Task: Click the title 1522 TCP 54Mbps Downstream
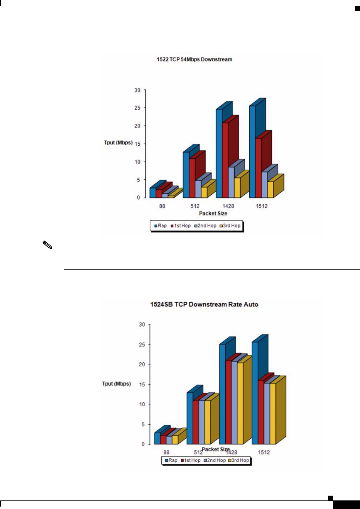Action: pos(194,59)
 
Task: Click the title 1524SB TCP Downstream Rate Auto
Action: pos(204,304)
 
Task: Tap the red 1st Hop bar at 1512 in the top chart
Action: pos(259,168)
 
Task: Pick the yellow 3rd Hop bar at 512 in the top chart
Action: pos(204,192)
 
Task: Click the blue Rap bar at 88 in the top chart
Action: pos(152,193)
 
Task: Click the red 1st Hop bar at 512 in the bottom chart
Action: pos(196,422)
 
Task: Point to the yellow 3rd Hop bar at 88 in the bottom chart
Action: pos(175,440)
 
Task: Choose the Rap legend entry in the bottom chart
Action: pos(171,460)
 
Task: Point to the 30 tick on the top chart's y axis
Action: pos(137,90)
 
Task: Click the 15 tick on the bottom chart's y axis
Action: pos(142,385)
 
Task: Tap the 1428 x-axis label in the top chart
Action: pos(228,206)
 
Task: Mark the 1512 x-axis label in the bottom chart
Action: pos(264,452)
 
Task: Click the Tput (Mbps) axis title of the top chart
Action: pos(118,143)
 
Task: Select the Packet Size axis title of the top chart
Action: pos(213,213)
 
